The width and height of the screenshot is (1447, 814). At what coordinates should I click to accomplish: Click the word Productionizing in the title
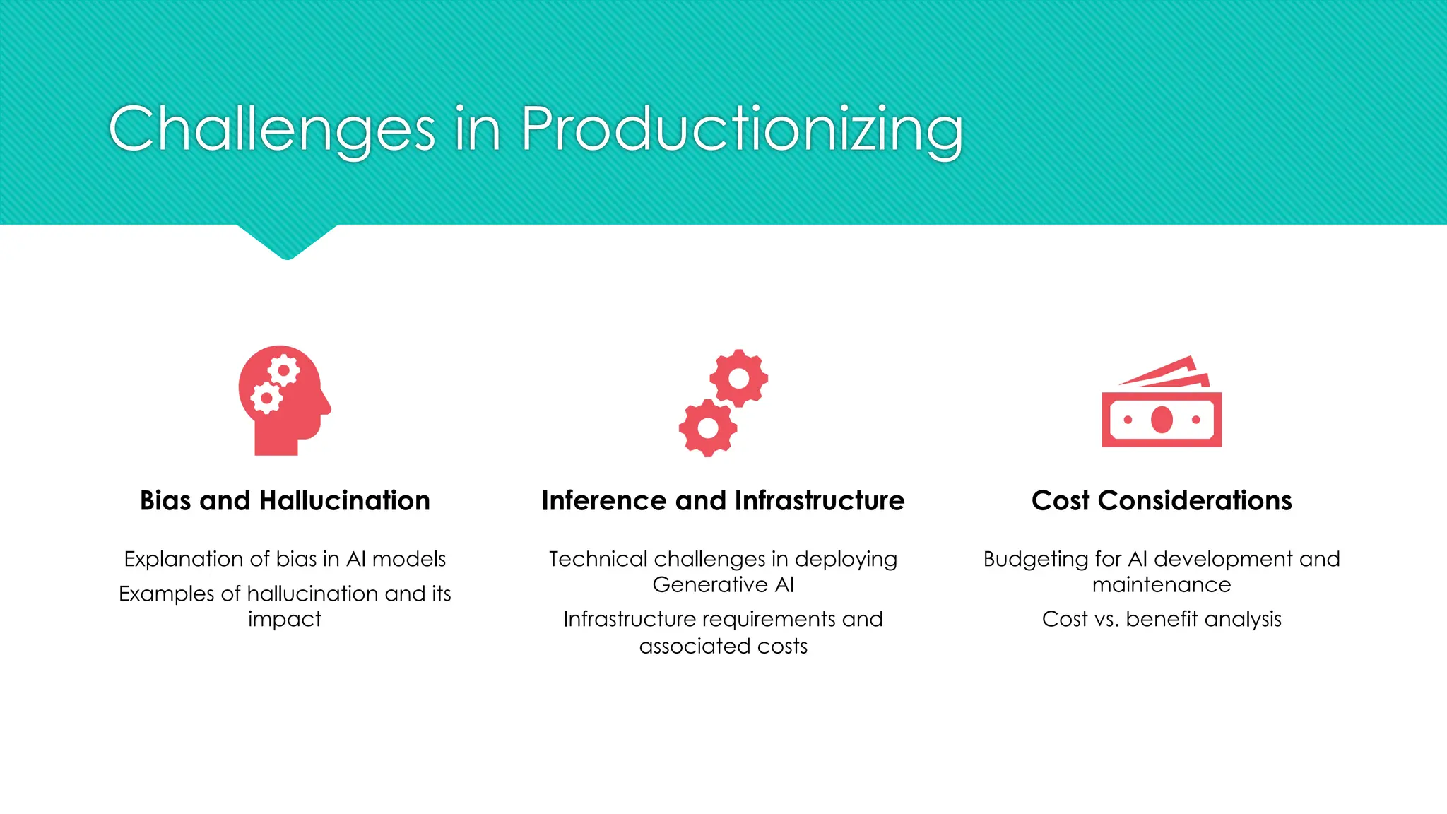point(742,130)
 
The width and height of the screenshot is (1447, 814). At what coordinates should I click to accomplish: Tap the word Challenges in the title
point(272,130)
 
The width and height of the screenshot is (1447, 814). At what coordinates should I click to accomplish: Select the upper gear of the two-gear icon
point(738,378)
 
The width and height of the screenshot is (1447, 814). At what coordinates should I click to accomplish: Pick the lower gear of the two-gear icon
point(708,427)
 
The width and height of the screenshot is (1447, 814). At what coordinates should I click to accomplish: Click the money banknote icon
point(1162,403)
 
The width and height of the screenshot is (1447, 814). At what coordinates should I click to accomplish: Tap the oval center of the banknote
point(1162,420)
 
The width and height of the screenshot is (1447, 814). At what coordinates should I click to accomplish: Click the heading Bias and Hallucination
point(285,500)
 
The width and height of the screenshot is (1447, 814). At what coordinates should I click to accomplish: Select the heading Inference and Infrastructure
point(723,500)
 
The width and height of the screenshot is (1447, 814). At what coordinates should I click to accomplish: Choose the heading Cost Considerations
point(1162,500)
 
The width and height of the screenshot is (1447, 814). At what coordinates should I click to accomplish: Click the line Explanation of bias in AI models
point(285,559)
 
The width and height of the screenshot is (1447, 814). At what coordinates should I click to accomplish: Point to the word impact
point(285,620)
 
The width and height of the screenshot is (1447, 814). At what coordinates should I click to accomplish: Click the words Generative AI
point(723,585)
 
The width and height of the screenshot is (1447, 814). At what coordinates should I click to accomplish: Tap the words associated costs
point(723,646)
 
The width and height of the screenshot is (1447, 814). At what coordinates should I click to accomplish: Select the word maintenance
point(1162,585)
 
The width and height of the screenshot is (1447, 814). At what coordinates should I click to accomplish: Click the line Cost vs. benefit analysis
point(1162,619)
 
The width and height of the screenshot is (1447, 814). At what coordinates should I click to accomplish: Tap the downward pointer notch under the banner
point(287,242)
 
